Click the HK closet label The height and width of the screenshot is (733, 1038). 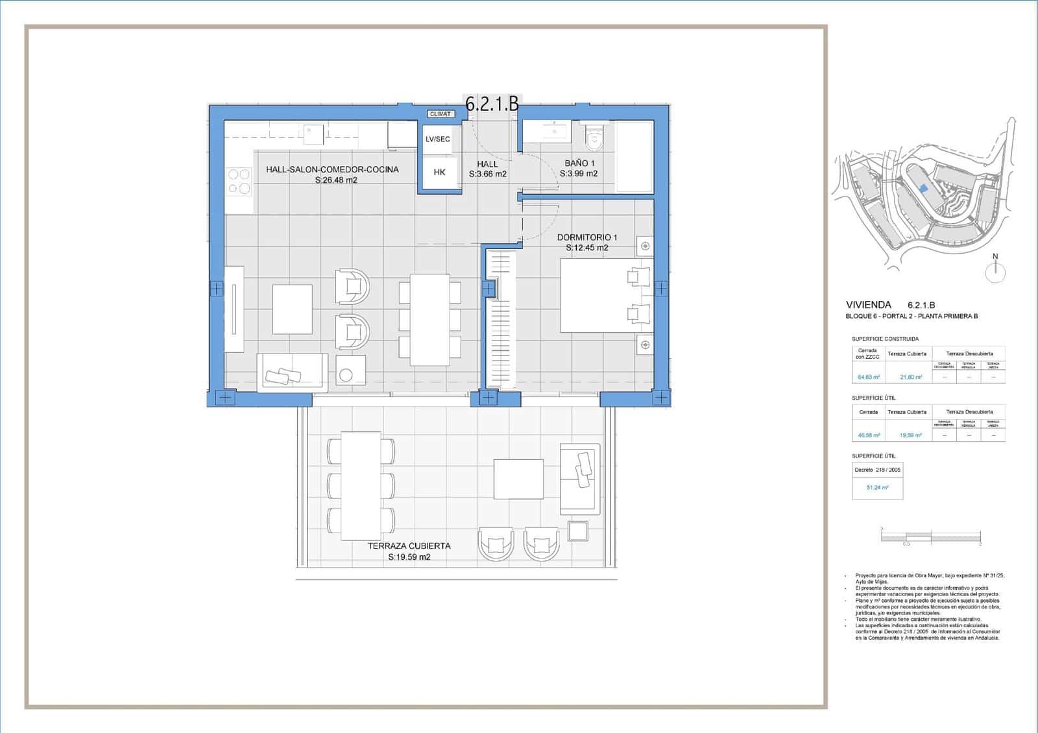(x=439, y=173)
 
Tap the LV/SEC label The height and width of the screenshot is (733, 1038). (x=438, y=139)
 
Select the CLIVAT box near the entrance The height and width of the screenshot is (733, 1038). (x=441, y=114)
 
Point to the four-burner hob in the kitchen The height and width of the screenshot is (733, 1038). (x=239, y=182)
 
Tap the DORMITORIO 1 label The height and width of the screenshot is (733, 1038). (x=587, y=237)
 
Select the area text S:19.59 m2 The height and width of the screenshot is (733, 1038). (x=409, y=557)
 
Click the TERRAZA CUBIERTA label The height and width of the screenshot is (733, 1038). (x=409, y=546)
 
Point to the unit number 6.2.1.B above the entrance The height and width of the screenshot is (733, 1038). (x=492, y=104)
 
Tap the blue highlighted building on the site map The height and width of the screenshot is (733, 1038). (x=924, y=188)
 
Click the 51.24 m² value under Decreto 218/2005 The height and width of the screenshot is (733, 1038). (x=877, y=487)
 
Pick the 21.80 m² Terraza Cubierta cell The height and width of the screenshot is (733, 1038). (x=907, y=377)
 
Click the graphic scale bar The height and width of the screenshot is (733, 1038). (x=931, y=536)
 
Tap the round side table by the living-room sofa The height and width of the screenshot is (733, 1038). (x=346, y=375)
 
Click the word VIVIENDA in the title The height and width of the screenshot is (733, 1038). (x=868, y=305)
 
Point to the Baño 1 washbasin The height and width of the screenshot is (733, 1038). (x=553, y=133)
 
